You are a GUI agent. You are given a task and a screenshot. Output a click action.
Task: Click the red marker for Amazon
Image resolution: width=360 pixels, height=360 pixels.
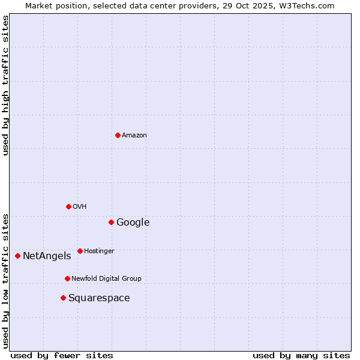pyautogui.click(x=118, y=135)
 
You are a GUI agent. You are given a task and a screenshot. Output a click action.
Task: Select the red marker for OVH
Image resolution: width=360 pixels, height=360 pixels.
pyautogui.click(x=68, y=206)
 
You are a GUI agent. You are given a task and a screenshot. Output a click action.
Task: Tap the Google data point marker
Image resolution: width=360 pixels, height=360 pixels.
pyautogui.click(x=111, y=222)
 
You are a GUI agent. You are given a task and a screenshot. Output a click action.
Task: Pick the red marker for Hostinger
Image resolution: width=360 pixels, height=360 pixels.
pyautogui.click(x=80, y=251)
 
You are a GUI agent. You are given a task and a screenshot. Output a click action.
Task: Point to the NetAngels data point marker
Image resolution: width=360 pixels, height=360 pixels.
pyautogui.click(x=17, y=256)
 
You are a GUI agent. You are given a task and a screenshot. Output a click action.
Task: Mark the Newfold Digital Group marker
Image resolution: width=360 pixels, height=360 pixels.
pyautogui.click(x=67, y=278)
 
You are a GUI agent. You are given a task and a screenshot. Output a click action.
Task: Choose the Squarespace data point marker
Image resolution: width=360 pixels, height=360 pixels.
pyautogui.click(x=63, y=298)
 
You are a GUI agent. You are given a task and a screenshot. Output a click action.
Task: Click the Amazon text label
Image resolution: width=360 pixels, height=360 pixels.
pyautogui.click(x=134, y=136)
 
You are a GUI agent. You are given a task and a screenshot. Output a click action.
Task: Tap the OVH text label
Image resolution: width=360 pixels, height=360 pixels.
pyautogui.click(x=80, y=207)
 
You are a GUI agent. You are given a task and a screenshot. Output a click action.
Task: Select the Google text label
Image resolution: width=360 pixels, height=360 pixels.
pyautogui.click(x=133, y=223)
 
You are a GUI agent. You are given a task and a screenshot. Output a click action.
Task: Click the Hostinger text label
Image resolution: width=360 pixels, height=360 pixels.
pyautogui.click(x=99, y=251)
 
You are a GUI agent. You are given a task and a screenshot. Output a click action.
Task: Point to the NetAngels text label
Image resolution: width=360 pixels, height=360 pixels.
pyautogui.click(x=47, y=256)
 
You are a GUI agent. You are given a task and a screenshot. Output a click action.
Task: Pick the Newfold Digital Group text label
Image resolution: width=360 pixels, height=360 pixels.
pyautogui.click(x=106, y=279)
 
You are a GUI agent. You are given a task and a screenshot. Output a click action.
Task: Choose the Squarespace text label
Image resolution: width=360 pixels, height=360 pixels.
pyautogui.click(x=99, y=298)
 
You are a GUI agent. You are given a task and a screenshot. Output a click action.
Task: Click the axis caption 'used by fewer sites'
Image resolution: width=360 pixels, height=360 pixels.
pyautogui.click(x=62, y=355)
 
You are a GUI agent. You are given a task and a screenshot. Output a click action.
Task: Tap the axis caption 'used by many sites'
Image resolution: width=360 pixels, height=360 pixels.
pyautogui.click(x=301, y=355)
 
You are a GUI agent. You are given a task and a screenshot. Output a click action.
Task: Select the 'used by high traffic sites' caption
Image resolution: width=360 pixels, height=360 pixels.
pyautogui.click(x=5, y=85)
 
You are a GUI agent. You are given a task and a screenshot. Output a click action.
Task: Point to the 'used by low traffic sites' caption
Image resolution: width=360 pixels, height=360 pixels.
pyautogui.click(x=5, y=280)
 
